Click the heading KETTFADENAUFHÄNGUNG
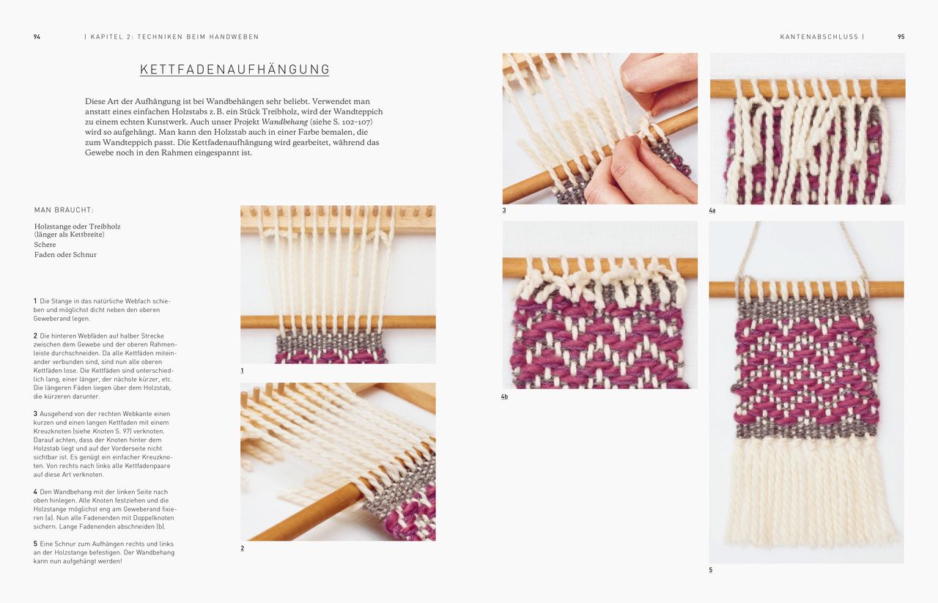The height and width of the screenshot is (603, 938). (x=234, y=70)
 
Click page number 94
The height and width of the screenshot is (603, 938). (x=37, y=37)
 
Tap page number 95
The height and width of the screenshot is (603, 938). (x=901, y=37)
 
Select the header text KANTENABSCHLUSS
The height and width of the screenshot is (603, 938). (x=819, y=37)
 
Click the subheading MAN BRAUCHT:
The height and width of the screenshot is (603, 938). (x=64, y=210)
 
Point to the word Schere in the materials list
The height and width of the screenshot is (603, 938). (x=45, y=245)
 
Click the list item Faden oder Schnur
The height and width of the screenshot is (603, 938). (x=65, y=255)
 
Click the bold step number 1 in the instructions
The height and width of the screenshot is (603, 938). (x=35, y=301)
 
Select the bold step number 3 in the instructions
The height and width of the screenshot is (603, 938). (x=35, y=414)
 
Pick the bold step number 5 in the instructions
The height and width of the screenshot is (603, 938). (x=35, y=544)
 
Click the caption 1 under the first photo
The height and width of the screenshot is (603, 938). (x=243, y=371)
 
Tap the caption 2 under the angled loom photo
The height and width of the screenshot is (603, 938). (x=243, y=548)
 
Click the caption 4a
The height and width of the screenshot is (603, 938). (x=712, y=211)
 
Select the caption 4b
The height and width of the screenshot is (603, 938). (x=504, y=396)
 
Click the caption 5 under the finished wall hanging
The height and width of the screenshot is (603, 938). (x=711, y=570)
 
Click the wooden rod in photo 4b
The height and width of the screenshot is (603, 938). (x=599, y=267)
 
